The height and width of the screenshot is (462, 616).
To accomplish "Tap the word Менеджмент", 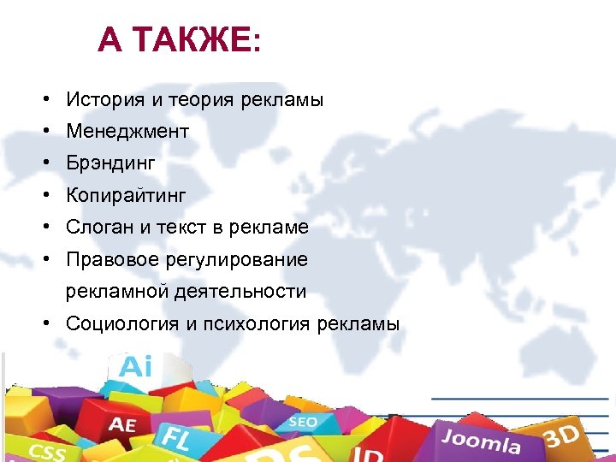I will [127, 132].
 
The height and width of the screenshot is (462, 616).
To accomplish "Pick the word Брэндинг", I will [111, 163].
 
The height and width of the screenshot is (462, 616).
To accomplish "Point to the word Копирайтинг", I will [126, 196].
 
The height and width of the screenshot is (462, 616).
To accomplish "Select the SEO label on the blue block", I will [302, 422].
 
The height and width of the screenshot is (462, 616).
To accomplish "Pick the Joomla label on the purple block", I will [481, 441].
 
